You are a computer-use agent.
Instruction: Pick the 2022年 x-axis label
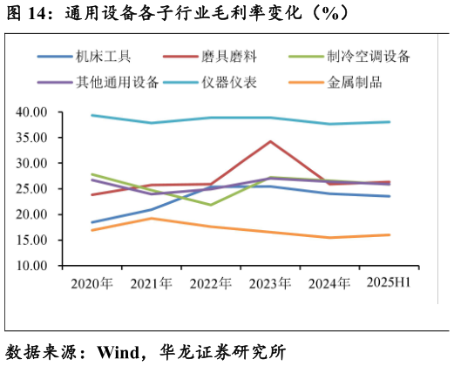pyautogui.click(x=210, y=283)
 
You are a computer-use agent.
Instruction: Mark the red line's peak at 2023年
pyautogui.click(x=270, y=141)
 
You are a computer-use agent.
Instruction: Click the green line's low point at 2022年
pyautogui.click(x=210, y=205)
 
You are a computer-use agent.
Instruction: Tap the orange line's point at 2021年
pyautogui.click(x=151, y=218)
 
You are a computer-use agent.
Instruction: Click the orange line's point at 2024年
pyautogui.click(x=329, y=237)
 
